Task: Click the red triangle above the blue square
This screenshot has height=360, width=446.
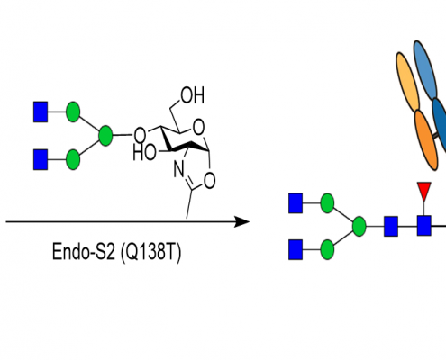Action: [x=423, y=190]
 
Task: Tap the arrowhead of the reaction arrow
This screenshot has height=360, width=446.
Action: [x=242, y=222]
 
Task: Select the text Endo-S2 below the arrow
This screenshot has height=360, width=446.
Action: [x=84, y=251]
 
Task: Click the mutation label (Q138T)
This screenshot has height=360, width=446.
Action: [x=150, y=252]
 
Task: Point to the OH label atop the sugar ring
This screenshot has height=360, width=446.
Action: [x=193, y=95]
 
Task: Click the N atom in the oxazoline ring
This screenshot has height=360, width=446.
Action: [x=179, y=169]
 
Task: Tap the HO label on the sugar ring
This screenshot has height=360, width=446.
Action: [x=144, y=152]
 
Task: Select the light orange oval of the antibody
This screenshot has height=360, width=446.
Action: [x=407, y=82]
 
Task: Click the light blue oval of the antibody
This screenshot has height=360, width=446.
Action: [x=425, y=69]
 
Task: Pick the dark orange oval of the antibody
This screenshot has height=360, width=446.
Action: [x=426, y=140]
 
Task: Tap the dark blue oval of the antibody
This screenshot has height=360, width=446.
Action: [x=440, y=124]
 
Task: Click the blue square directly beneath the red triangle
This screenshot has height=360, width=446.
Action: [x=424, y=226]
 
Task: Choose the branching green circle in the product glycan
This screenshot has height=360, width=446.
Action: [x=359, y=226]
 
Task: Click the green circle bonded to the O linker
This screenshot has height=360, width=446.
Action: [x=105, y=136]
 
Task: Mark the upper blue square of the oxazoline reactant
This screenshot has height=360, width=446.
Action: [x=41, y=112]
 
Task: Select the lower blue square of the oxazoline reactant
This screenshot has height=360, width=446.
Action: [x=41, y=159]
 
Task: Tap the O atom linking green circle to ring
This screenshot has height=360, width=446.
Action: [x=140, y=135]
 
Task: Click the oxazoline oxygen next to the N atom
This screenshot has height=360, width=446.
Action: [x=209, y=180]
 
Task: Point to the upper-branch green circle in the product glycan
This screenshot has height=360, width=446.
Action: [x=327, y=203]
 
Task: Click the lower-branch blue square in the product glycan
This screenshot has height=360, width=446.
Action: [x=296, y=249]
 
